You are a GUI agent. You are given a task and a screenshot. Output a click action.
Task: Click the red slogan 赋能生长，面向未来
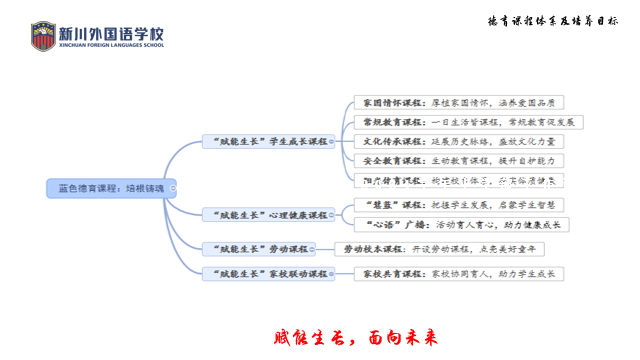(x=356, y=337)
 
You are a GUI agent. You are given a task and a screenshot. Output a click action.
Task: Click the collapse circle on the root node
(x=173, y=187)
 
